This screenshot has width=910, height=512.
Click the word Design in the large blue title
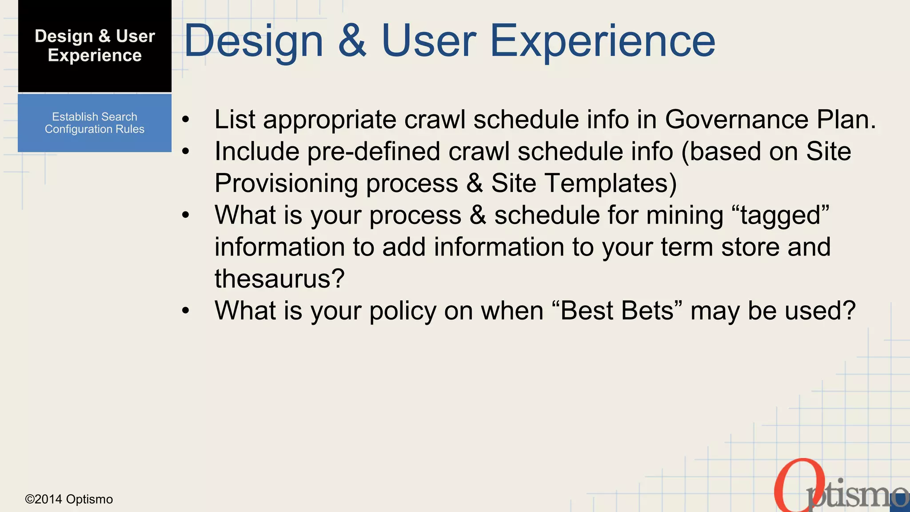[253, 42]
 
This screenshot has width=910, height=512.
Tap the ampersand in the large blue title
[352, 42]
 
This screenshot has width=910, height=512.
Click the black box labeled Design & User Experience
[95, 46]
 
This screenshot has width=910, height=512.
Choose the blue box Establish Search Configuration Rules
[95, 123]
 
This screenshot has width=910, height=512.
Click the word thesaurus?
[279, 279]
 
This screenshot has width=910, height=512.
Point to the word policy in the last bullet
[403, 311]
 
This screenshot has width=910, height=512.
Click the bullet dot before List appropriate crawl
[186, 120]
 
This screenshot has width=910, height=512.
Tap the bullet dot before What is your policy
[186, 311]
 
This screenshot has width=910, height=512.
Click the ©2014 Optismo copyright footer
[69, 500]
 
